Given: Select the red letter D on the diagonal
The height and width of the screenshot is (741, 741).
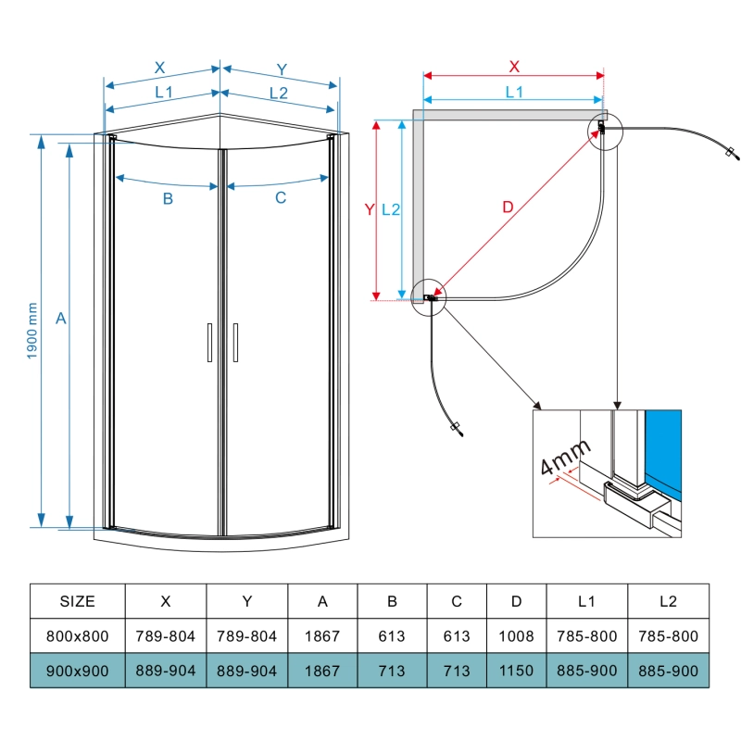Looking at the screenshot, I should (507, 207).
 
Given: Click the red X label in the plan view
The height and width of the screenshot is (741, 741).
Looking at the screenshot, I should (514, 66).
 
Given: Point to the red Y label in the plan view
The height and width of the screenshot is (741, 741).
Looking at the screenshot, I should (369, 210).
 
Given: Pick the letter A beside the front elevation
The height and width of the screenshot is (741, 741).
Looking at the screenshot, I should (60, 319).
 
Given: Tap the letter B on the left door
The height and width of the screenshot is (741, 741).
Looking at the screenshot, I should (168, 198).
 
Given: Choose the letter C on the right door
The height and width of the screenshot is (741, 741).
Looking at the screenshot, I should (281, 198).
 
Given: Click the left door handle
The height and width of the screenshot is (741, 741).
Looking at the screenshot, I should (209, 342).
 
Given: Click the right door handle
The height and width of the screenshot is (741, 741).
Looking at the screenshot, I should (236, 342).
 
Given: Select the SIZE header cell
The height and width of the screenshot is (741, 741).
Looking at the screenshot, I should (77, 601).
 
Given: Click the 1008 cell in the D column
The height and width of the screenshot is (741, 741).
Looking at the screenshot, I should (516, 637).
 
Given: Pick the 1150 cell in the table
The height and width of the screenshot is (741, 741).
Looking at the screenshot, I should (516, 672).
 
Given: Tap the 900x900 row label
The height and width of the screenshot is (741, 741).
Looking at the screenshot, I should (77, 672).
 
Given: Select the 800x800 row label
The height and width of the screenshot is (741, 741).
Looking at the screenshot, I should (77, 637).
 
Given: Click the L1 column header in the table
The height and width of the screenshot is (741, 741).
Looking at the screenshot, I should (586, 601).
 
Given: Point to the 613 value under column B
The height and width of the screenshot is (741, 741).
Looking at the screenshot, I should (392, 637).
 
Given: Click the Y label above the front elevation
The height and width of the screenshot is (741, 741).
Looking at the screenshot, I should (282, 68).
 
